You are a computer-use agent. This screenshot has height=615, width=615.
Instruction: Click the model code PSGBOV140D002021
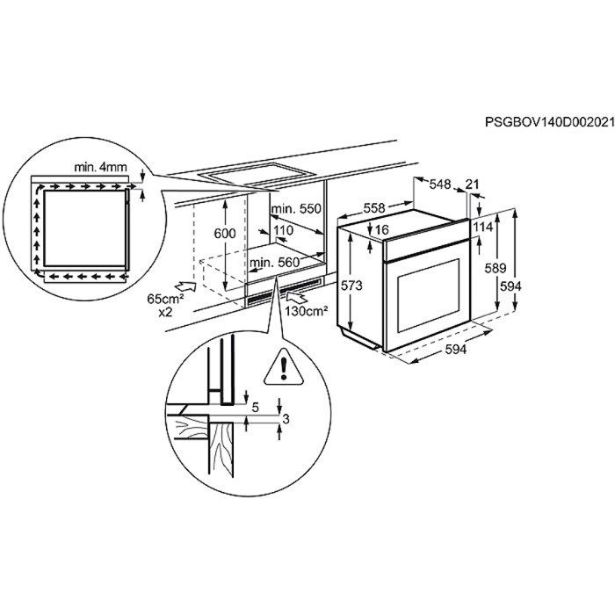549,122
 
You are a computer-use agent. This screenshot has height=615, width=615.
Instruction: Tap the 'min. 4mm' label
101,168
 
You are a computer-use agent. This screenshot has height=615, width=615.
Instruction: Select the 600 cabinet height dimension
225,234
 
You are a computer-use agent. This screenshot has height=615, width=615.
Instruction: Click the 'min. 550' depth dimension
296,208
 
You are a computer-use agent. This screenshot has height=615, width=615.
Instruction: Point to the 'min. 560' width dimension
274,263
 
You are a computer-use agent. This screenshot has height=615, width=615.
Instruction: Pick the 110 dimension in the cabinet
283,230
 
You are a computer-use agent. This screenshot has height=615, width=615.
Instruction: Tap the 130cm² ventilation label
307,312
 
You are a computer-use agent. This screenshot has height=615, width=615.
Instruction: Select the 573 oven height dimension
351,286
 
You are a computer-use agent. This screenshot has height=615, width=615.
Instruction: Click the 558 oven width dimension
374,208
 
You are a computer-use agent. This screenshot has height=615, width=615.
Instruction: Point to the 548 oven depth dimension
440,184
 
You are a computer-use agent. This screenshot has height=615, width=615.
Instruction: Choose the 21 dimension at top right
473,184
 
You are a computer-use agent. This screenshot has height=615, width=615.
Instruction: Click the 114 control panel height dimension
483,227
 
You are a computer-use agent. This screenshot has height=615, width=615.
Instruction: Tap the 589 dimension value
496,268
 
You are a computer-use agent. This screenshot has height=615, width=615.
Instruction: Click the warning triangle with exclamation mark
284,367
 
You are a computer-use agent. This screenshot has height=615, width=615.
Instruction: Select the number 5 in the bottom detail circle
256,408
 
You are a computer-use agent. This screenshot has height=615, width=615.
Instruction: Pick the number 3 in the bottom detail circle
286,419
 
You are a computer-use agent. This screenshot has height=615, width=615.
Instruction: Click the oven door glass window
429,296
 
